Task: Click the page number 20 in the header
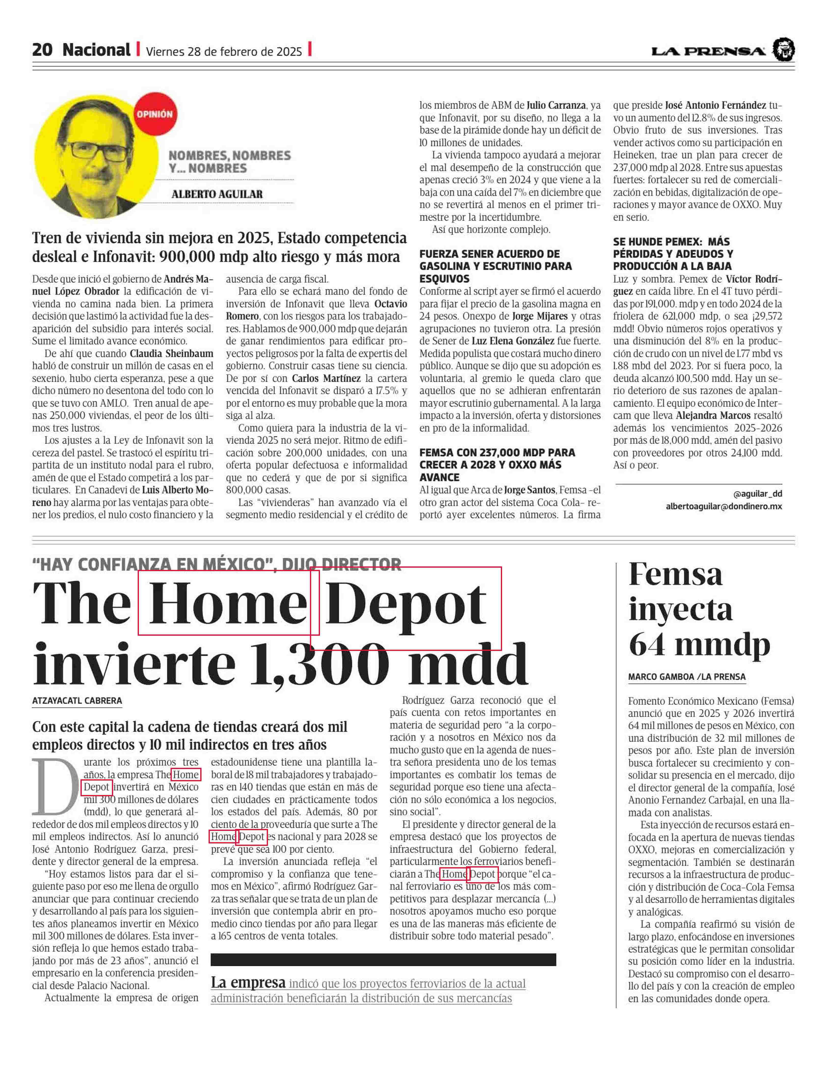pyautogui.click(x=42, y=50)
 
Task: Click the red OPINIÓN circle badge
pyautogui.click(x=154, y=114)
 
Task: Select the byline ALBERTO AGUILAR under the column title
pyautogui.click(x=217, y=194)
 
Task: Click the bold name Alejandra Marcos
pyautogui.click(x=713, y=416)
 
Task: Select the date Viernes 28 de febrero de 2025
pyautogui.click(x=224, y=51)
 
